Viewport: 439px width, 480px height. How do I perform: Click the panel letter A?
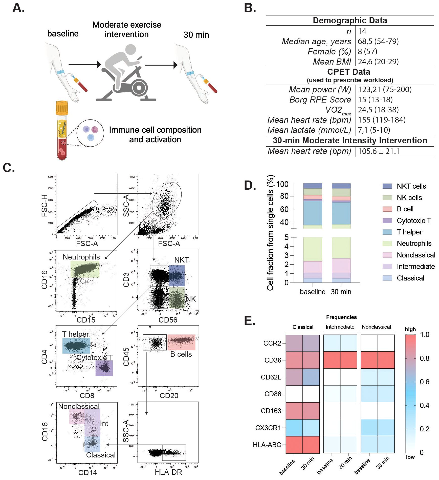pos(18,8)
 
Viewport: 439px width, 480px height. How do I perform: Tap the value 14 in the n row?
pos(362,31)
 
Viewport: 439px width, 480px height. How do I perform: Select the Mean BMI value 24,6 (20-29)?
pos(378,62)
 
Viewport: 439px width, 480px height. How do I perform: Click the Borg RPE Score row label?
pos(320,99)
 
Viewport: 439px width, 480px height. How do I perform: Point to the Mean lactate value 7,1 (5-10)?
pos(374,130)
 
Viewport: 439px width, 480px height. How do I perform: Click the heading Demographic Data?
pos(350,21)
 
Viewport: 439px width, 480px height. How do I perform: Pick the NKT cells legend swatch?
pos(387,186)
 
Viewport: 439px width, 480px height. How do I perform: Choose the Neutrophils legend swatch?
pos(387,244)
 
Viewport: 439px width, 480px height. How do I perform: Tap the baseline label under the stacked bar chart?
pos(313,292)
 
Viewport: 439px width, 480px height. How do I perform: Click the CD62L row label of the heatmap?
pos(271,377)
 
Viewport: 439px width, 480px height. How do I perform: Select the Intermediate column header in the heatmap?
pos(340,327)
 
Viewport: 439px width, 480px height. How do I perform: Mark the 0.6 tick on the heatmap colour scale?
pos(425,382)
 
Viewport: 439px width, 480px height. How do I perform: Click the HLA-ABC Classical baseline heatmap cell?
pos(294,445)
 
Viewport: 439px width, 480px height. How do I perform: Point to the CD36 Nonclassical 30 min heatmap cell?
pos(386,360)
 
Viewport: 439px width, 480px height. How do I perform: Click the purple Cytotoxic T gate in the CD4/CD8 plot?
pos(104,368)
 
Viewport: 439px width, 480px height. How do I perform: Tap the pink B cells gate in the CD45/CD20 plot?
pos(181,342)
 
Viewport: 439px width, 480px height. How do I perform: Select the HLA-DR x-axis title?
pos(168,472)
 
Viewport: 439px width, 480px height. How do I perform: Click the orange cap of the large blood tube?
pos(62,107)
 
